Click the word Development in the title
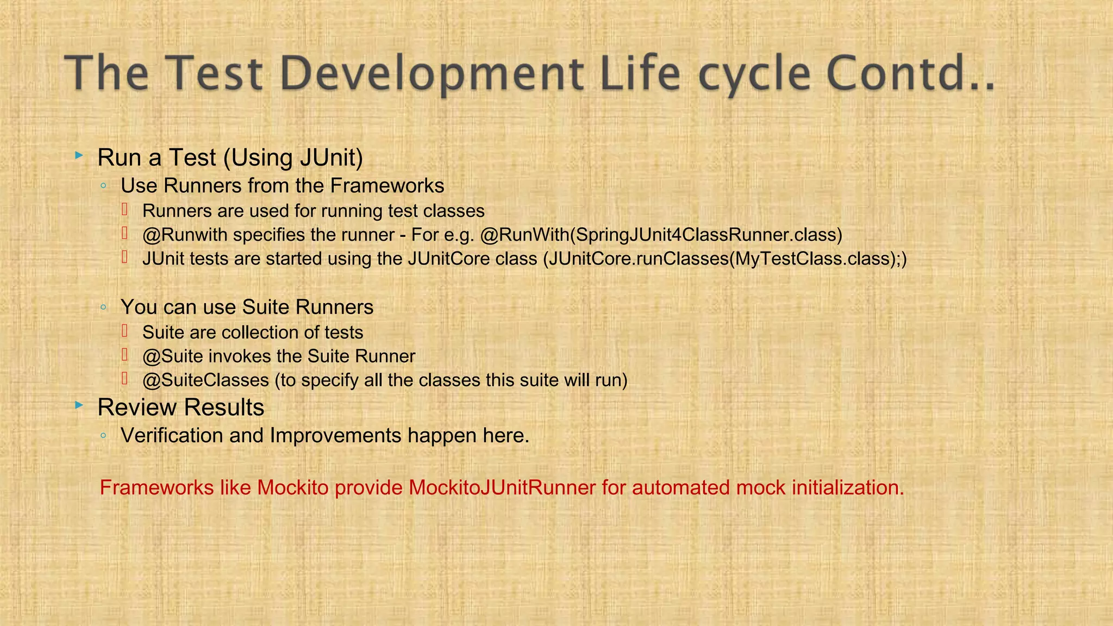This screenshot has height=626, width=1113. coord(432,73)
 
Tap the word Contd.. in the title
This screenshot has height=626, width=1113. coord(911,73)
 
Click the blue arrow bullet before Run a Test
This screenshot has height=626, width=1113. coord(79,156)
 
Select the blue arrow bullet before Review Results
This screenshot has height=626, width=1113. coord(79,405)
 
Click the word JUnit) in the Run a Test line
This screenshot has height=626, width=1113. coord(331,158)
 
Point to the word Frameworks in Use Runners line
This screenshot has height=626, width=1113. coord(387,186)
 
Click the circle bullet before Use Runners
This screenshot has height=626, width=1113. coord(103,186)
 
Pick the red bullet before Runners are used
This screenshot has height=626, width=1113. coord(124,209)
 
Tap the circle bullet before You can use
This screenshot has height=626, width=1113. coord(103,308)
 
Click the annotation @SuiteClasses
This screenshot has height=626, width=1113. coord(205,380)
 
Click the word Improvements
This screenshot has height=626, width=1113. coord(336,436)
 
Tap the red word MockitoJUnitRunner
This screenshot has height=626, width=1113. coord(502,487)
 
